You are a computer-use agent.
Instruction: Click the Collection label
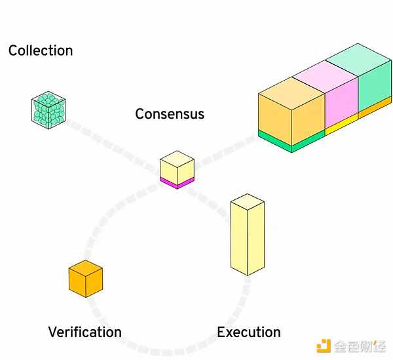(x=41, y=50)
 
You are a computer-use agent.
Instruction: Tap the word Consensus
(x=170, y=113)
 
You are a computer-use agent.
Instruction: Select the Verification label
(x=84, y=332)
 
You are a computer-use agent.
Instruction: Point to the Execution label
(x=249, y=332)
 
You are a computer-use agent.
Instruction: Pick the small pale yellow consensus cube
(x=177, y=166)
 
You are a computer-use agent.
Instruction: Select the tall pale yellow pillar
(x=247, y=239)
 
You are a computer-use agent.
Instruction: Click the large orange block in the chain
(x=291, y=108)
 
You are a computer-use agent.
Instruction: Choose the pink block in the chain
(x=341, y=95)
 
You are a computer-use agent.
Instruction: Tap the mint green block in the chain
(x=373, y=79)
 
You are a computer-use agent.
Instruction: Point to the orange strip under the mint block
(x=375, y=108)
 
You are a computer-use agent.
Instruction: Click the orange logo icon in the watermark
(x=324, y=346)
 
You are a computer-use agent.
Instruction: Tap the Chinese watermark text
(x=360, y=346)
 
